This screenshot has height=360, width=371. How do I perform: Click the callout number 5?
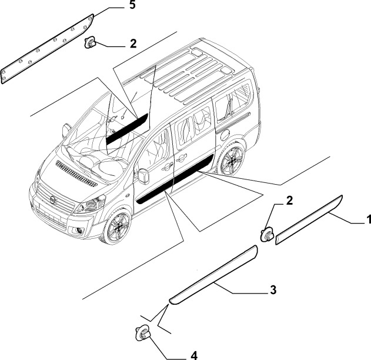pyautogui.click(x=132, y=5)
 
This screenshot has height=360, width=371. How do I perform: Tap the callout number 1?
pyautogui.click(x=368, y=219)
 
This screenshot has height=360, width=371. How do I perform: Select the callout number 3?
pyautogui.click(x=273, y=290)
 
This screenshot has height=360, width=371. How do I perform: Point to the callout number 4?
pyautogui.click(x=194, y=355)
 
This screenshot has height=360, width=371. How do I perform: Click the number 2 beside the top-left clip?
pyautogui.click(x=133, y=44)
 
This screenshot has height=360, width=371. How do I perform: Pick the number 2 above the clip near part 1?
pyautogui.click(x=289, y=201)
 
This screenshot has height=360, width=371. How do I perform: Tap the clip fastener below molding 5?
pyautogui.click(x=90, y=42)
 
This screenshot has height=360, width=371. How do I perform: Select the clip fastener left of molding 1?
pyautogui.click(x=267, y=234)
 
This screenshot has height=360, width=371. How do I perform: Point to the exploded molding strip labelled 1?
pyautogui.click(x=309, y=220)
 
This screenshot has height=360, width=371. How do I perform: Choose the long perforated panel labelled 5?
pyautogui.click(x=47, y=49)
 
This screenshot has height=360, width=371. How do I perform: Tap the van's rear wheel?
pyautogui.click(x=232, y=159)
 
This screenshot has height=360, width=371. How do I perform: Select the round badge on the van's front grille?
pyautogui.click(x=54, y=200)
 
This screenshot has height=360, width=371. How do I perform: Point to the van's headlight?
pyautogui.click(x=90, y=204)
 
